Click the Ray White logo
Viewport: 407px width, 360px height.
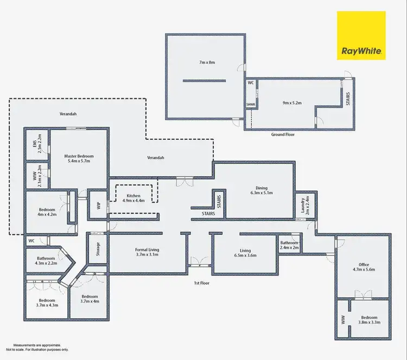(x=361, y=35)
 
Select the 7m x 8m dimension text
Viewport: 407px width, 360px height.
(x=207, y=63)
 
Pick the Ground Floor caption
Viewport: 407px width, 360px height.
(x=283, y=134)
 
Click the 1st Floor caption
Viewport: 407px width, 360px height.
(x=202, y=282)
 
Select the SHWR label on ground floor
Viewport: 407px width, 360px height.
(x=251, y=105)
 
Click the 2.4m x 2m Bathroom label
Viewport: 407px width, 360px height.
(x=289, y=245)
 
